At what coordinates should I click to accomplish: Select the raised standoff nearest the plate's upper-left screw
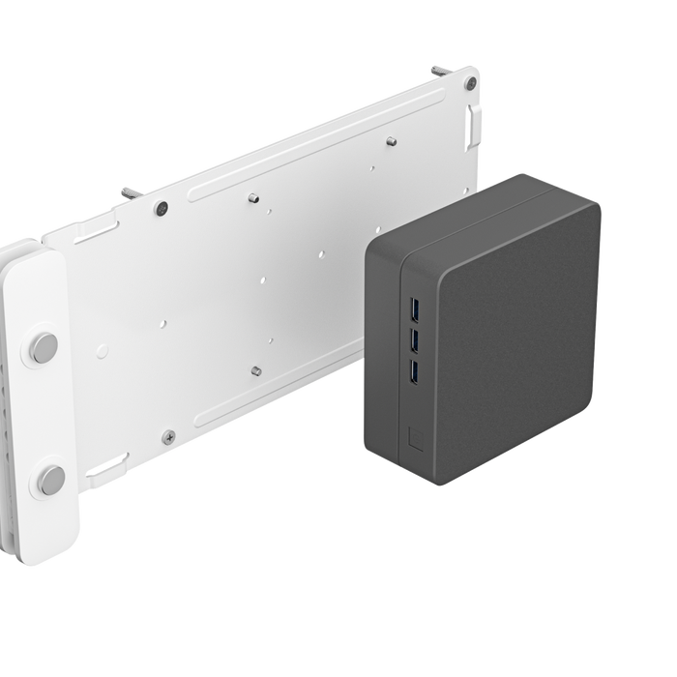click(x=250, y=199)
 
